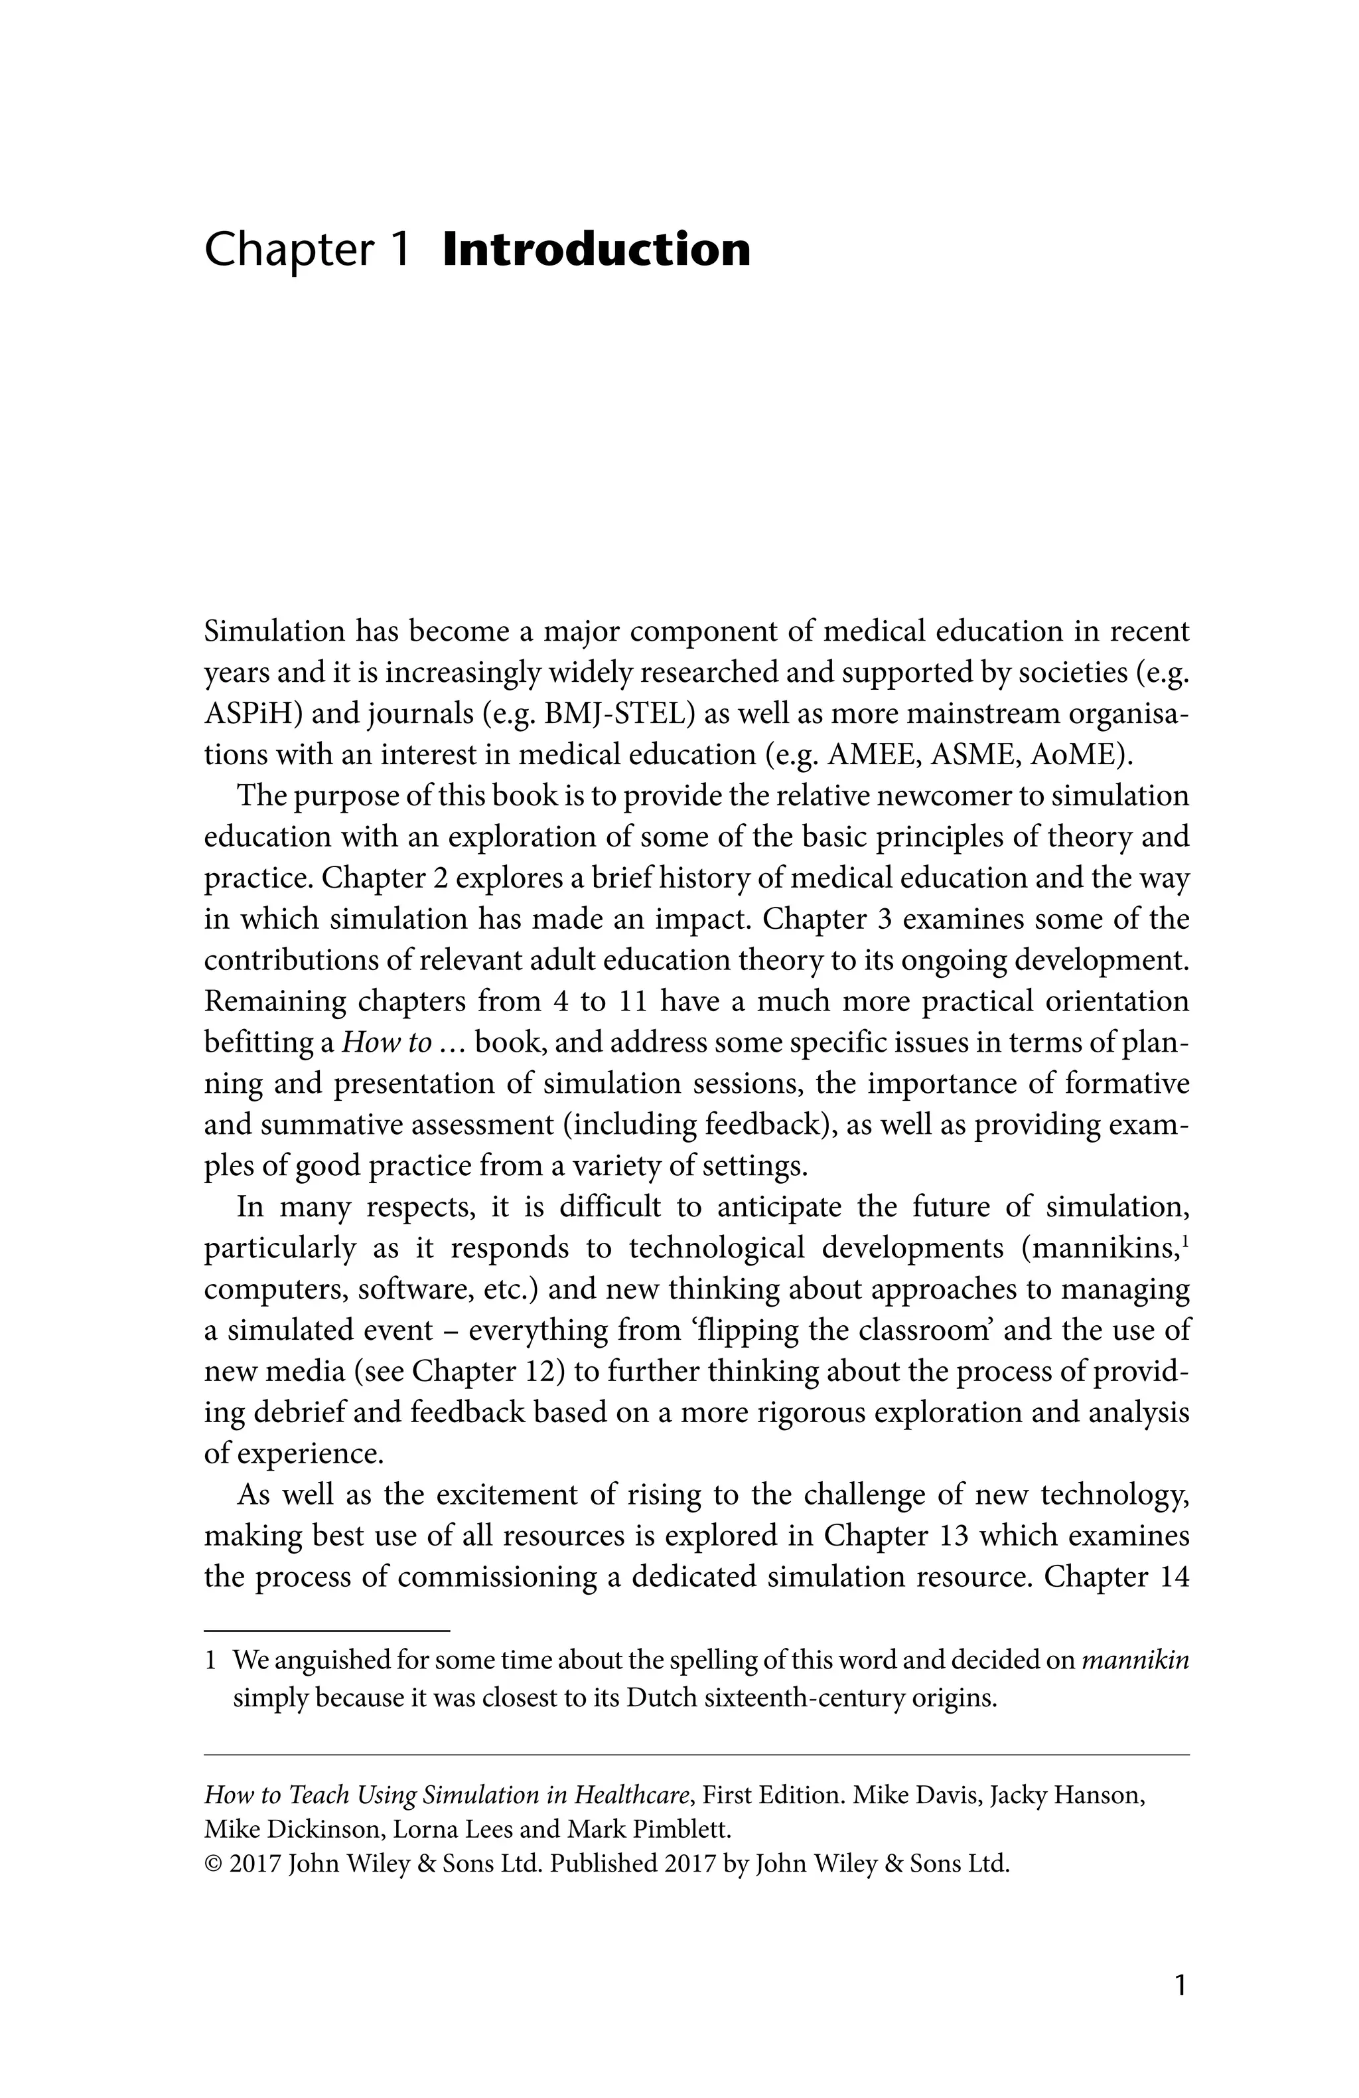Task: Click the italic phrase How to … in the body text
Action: tap(399, 1042)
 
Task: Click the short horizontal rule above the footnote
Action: tap(327, 1631)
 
